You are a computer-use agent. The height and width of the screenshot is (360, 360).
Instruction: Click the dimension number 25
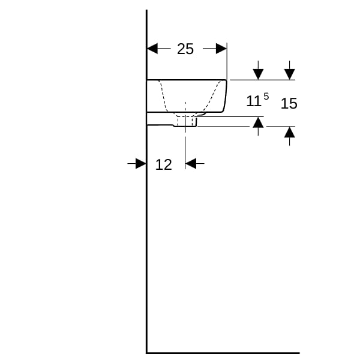point(185,49)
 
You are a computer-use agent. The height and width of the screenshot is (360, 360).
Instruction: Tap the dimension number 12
point(163,164)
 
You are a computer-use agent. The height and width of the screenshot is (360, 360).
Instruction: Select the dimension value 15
point(289,103)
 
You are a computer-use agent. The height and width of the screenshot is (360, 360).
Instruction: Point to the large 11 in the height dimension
point(254,101)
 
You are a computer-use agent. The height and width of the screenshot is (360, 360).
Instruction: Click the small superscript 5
point(266,97)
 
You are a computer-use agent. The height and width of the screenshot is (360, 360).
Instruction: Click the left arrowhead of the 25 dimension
point(152,49)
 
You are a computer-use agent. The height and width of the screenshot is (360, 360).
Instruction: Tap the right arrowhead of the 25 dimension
point(221,49)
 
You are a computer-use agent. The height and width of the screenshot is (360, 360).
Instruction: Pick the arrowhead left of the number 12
point(141,163)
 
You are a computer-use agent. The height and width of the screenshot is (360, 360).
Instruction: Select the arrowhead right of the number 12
point(191,163)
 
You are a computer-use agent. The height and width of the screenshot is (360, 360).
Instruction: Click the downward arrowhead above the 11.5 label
point(258,74)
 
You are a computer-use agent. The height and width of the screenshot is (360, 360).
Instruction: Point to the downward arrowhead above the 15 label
point(290,74)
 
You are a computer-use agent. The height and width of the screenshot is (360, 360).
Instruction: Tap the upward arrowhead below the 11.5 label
point(258,122)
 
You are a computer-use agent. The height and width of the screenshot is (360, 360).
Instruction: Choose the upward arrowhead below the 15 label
point(290,132)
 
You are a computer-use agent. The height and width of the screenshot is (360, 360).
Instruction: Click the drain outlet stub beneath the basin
point(185,121)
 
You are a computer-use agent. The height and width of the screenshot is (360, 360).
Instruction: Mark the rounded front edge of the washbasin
point(224,96)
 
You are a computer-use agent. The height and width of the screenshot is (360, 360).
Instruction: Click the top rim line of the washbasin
point(187,80)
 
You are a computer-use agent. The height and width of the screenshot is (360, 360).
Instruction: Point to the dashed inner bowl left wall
point(163,96)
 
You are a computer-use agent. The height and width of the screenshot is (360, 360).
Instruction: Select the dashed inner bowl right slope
point(212,96)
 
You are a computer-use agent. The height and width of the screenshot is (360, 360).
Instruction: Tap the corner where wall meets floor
point(146,353)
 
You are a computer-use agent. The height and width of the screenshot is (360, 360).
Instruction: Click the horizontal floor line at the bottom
point(223,353)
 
